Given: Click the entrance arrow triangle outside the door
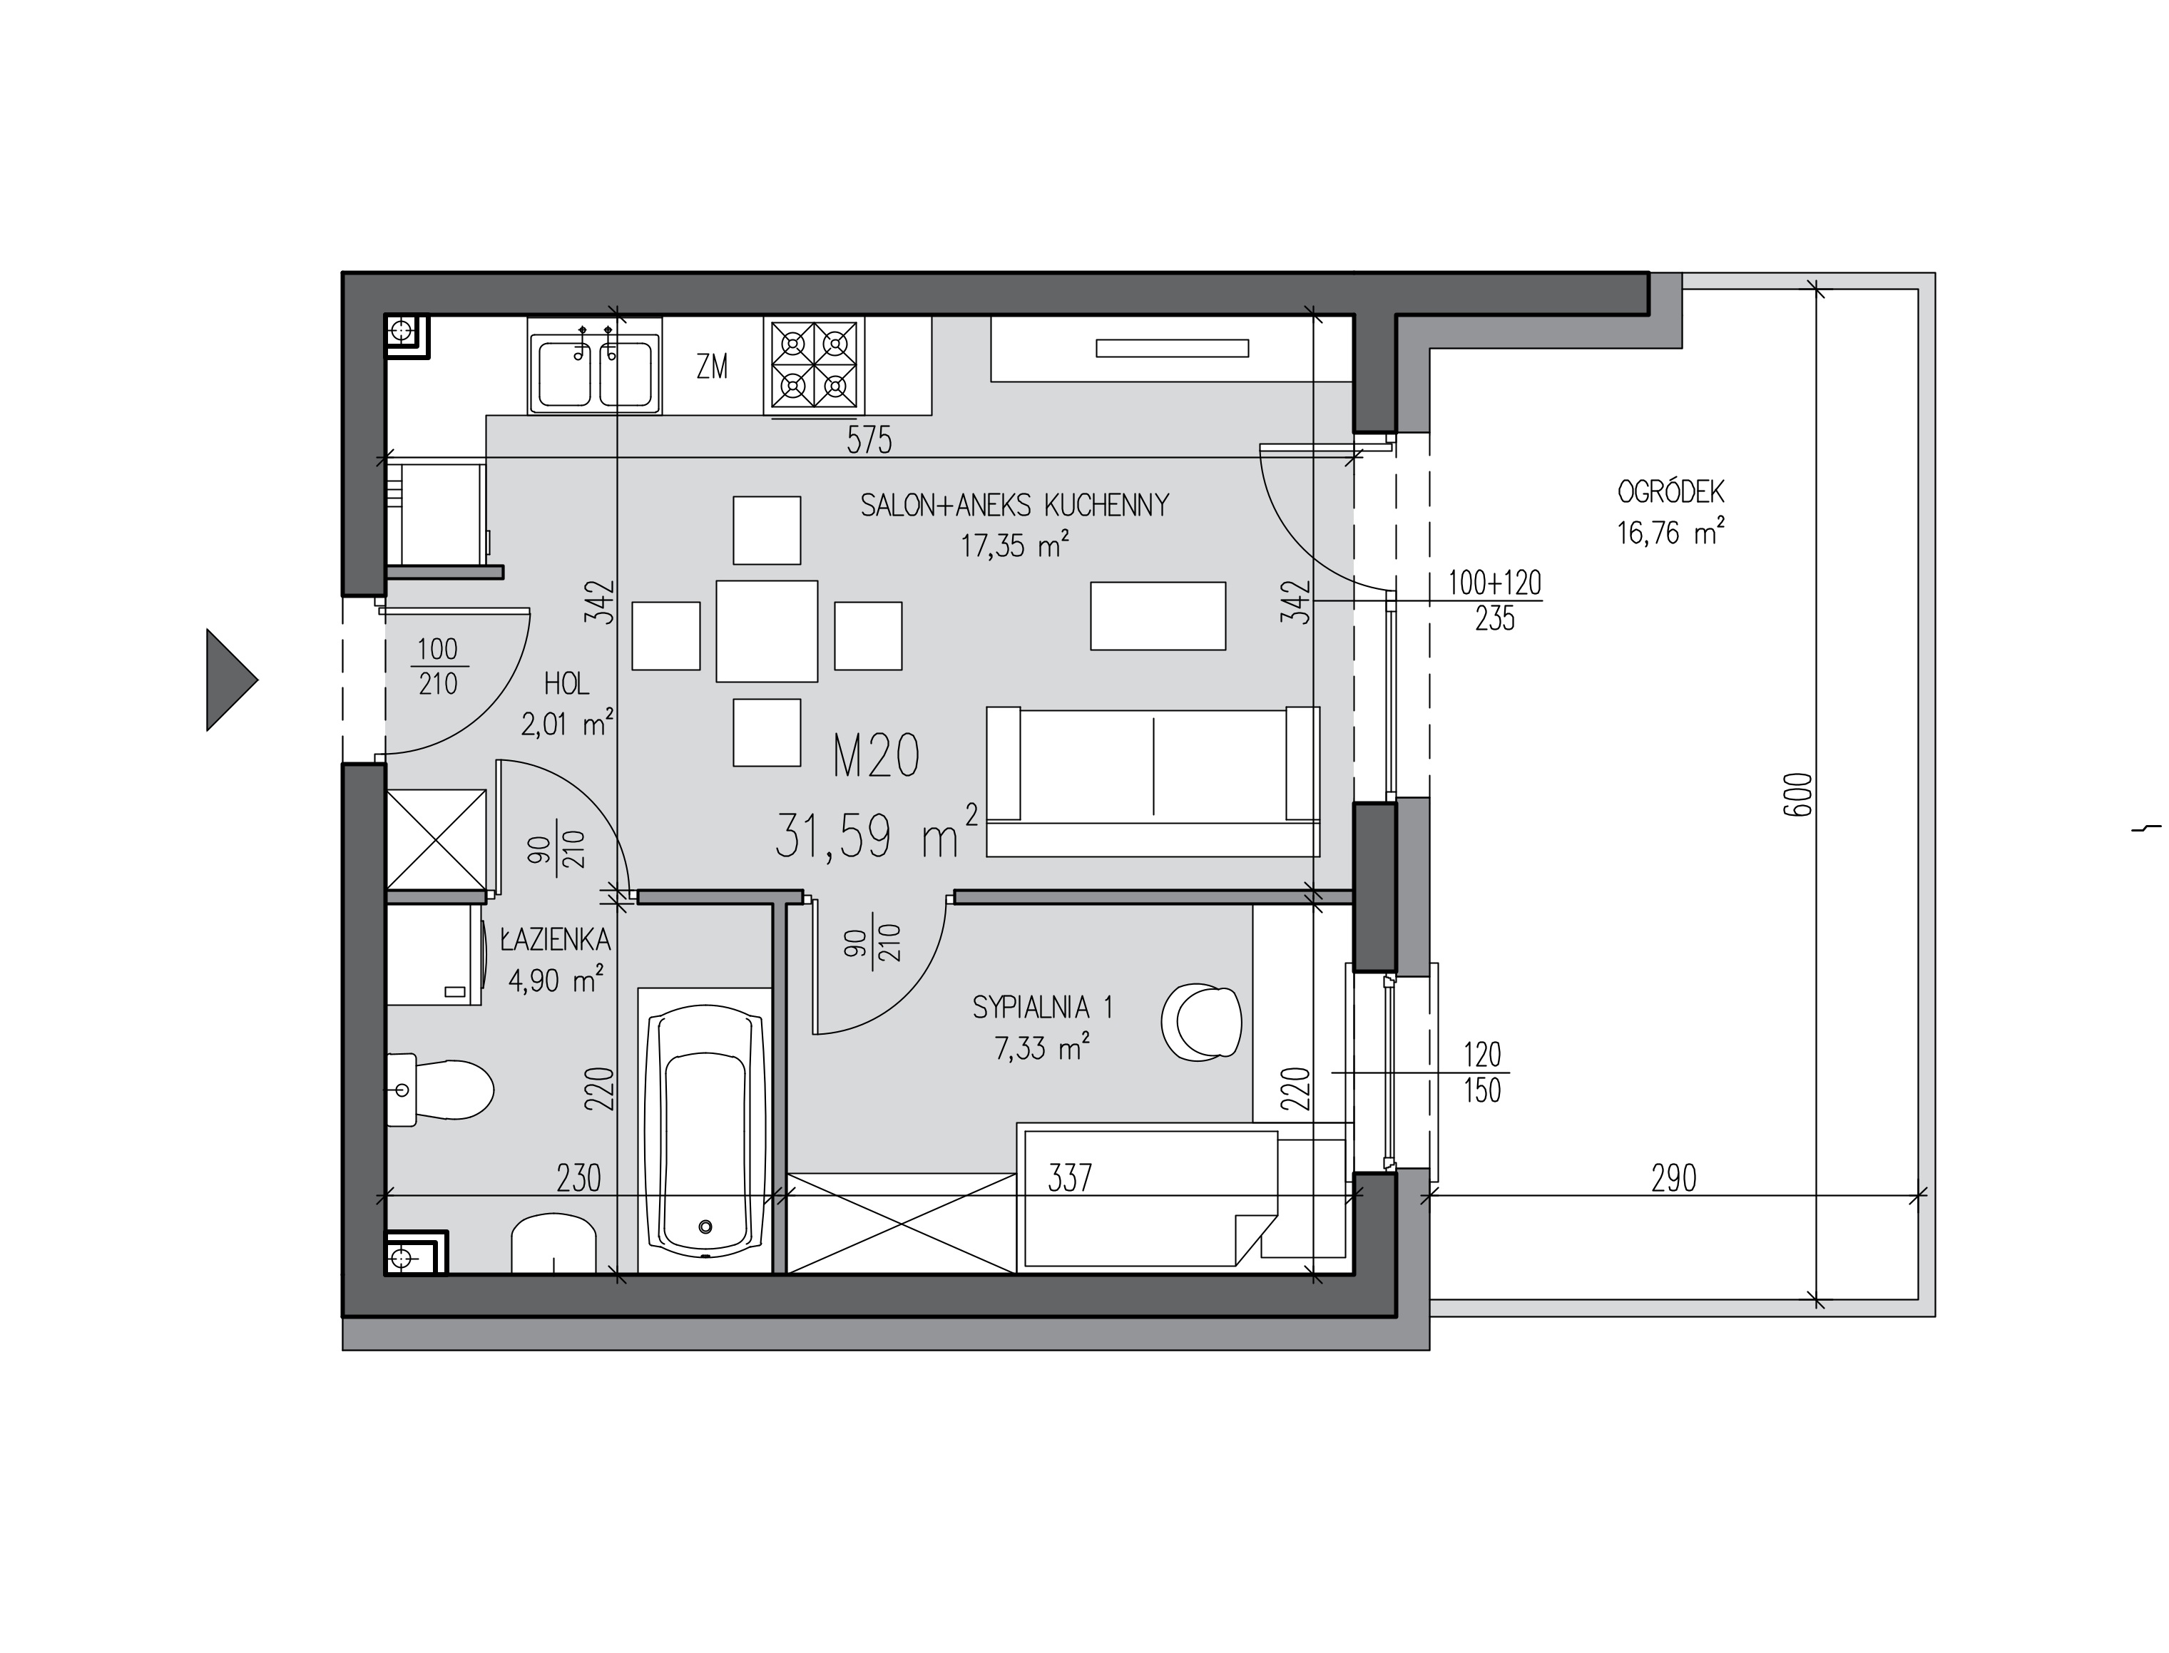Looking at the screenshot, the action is coord(228,680).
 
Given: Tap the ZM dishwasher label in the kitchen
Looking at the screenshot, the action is coord(712,367).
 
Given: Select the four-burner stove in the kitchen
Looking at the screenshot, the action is coord(814,366).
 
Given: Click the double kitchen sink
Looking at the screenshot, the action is coord(594,372).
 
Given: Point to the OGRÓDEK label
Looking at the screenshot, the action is coord(1670,491).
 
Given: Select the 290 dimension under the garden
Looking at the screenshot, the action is coord(1673,1178).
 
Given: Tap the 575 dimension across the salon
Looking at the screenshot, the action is coord(869,440).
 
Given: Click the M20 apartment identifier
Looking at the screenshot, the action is coord(876,757).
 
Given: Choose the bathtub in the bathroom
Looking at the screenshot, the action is coord(705,1130).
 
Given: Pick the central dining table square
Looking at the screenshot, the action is coord(767,630).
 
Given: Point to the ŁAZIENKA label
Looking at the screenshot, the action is coord(555,940).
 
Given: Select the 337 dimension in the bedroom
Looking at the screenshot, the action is coord(1070,1178).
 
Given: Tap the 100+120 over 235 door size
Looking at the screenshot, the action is coord(1494,601).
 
